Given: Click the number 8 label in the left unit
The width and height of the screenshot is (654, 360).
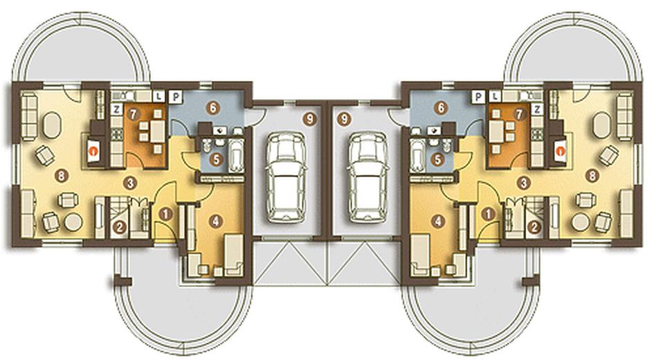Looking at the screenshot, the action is [62, 176].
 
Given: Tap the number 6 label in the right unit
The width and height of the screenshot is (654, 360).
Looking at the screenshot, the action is [440, 109].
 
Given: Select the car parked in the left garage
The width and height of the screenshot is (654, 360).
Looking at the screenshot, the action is [286, 177].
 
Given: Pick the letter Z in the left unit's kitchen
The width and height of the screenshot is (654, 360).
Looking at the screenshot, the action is [116, 109].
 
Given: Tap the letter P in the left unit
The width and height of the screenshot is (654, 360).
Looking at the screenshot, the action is [176, 97].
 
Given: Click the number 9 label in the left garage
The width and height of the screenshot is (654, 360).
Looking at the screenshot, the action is [309, 119].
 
